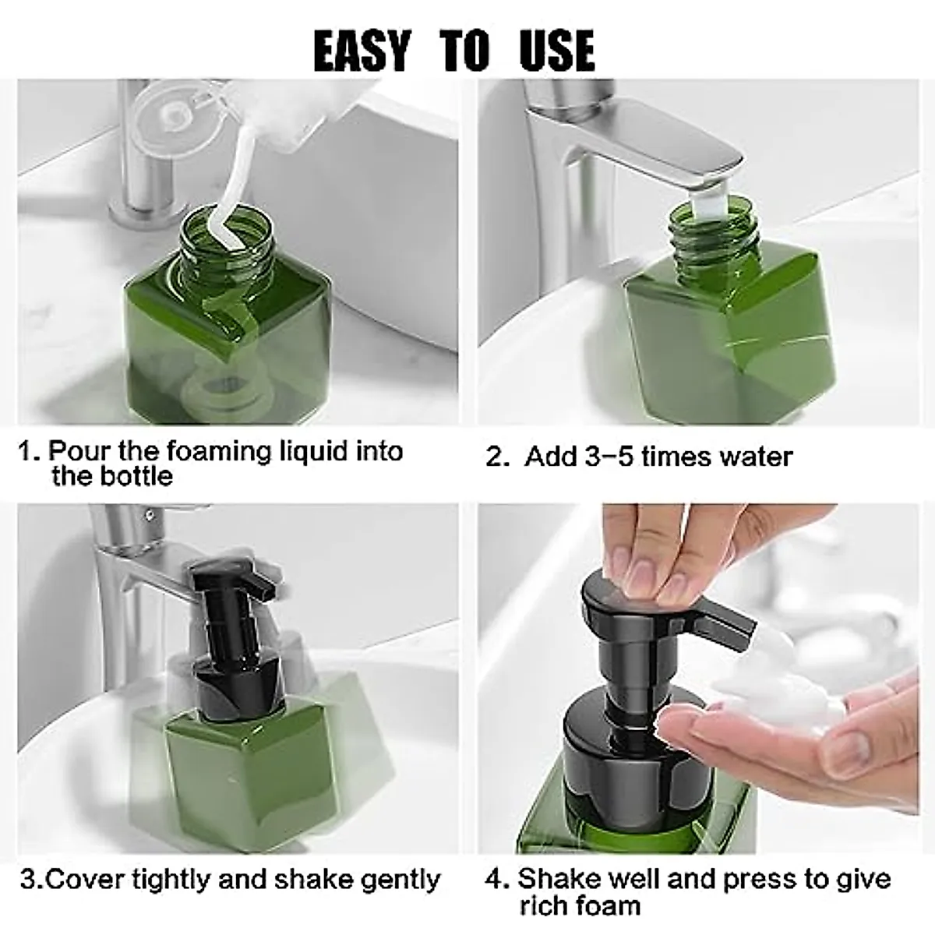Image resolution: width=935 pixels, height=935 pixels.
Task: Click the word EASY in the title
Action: click(361, 51)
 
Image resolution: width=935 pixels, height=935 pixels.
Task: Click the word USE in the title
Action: click(556, 51)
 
